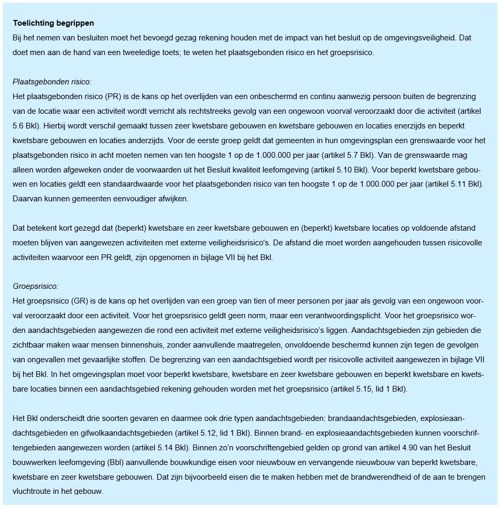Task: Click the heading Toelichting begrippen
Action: click(x=53, y=24)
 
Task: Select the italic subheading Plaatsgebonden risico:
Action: click(x=52, y=82)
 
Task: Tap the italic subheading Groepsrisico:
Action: click(x=36, y=286)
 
